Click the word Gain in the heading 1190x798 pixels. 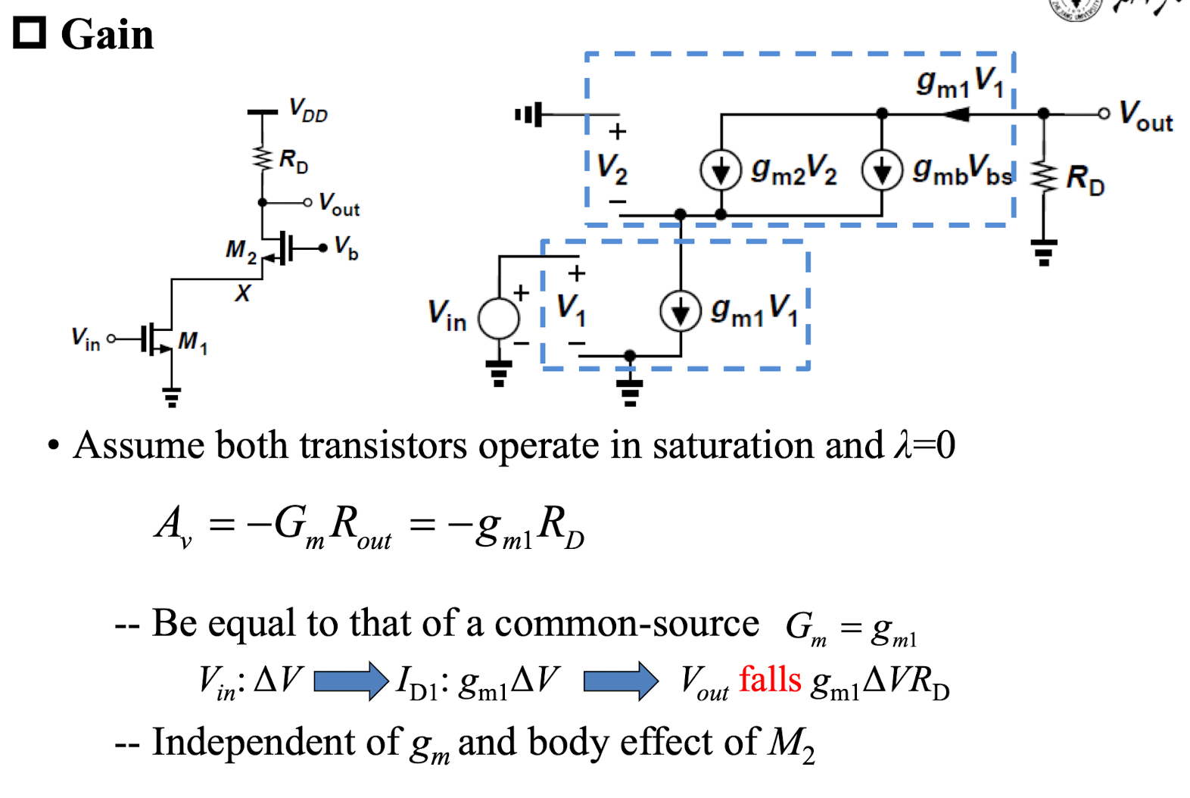107,35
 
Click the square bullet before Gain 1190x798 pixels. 30,33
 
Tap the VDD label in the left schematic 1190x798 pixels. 308,111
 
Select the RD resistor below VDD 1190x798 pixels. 263,157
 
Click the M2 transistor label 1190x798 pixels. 241,251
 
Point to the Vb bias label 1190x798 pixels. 347,248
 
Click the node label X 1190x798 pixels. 243,293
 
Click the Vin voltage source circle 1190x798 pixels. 498,319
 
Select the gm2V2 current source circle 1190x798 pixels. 721,170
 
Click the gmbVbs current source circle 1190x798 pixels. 883,170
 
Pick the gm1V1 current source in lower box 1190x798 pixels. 681,311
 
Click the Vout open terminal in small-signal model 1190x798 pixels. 1104,114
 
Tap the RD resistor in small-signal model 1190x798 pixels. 1044,178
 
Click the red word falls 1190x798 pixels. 770,680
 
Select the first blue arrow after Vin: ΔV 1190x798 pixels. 351,681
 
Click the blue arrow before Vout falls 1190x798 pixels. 621,681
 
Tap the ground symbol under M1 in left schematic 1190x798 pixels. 172,397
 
